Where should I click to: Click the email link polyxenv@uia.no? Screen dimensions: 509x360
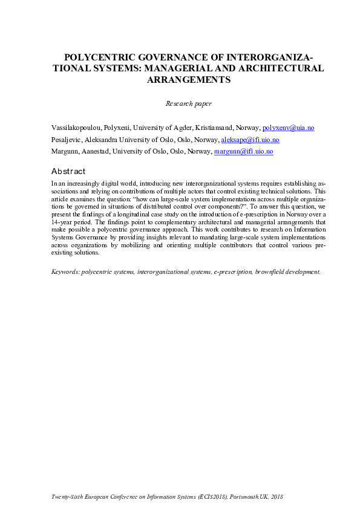click(x=288, y=128)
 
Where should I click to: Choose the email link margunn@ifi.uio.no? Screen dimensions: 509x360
click(x=244, y=151)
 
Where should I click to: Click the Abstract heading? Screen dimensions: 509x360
click(x=68, y=172)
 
